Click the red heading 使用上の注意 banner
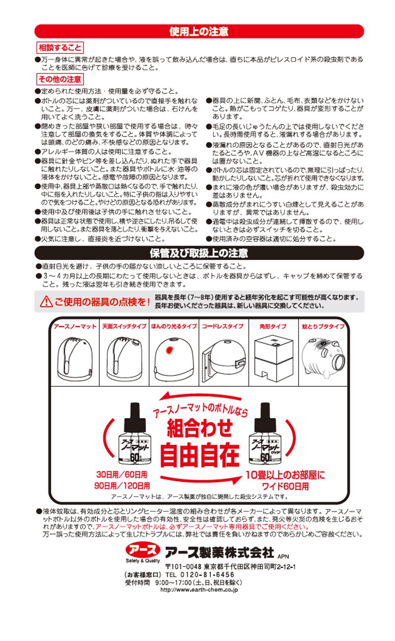coord(199,31)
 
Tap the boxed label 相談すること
coord(60,47)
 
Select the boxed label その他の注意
coord(60,79)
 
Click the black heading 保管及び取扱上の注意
coord(199,253)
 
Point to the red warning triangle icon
coord(46,302)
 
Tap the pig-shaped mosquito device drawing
coord(323,357)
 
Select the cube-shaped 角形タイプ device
coord(274,358)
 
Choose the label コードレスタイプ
coord(223,326)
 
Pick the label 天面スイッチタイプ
coord(124,326)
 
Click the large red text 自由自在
coord(200,455)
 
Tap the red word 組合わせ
coord(200,428)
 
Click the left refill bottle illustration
coord(135,433)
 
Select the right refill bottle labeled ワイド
coord(266,433)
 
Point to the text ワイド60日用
coord(285,486)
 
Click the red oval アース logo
coord(143,549)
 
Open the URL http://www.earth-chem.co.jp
coord(199,590)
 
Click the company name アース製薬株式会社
coord(220,552)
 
